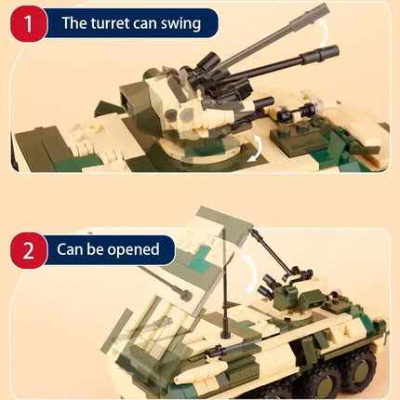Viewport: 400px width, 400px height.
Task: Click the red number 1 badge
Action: (x=29, y=23)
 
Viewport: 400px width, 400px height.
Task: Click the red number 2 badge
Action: (x=29, y=250)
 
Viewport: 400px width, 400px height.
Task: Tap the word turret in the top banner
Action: (x=109, y=23)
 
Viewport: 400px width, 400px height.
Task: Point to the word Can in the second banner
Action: (x=70, y=249)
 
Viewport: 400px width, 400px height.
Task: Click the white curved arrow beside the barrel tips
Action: (x=324, y=33)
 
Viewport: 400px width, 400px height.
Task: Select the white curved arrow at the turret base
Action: (x=257, y=149)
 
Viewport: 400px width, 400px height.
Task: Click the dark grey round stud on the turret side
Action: (x=171, y=115)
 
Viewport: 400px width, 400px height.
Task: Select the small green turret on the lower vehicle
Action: (x=291, y=297)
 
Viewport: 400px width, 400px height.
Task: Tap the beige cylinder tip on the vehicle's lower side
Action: (x=180, y=380)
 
